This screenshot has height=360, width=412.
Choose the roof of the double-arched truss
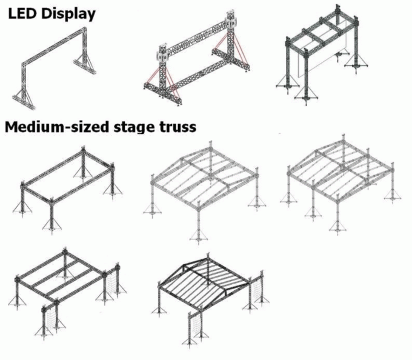click(x=336, y=167)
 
